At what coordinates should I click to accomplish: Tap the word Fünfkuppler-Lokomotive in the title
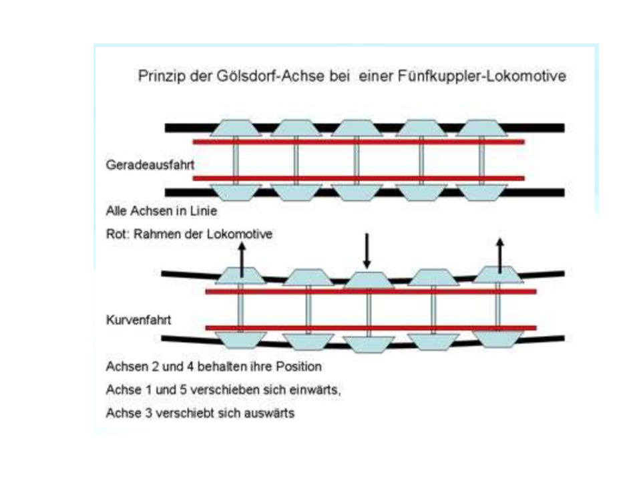pos(482,76)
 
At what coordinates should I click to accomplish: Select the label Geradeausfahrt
pos(150,165)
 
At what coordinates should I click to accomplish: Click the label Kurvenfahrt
pos(139,319)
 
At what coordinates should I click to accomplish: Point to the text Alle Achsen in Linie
pos(162,211)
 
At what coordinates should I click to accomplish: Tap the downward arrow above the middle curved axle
pos(367,251)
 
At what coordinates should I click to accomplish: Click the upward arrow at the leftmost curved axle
pos(242,259)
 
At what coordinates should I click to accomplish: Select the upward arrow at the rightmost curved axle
pos(500,256)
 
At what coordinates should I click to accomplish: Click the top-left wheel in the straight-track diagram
pos(236,128)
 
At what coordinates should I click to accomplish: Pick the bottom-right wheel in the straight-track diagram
pos(481,192)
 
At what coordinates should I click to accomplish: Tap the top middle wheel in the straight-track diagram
pos(357,128)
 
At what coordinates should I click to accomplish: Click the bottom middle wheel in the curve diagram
pos(369,345)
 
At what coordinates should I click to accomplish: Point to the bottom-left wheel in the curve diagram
pos(241,340)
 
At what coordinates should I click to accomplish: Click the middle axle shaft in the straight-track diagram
pos(357,160)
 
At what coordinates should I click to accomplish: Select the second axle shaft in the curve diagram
pos(308,309)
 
